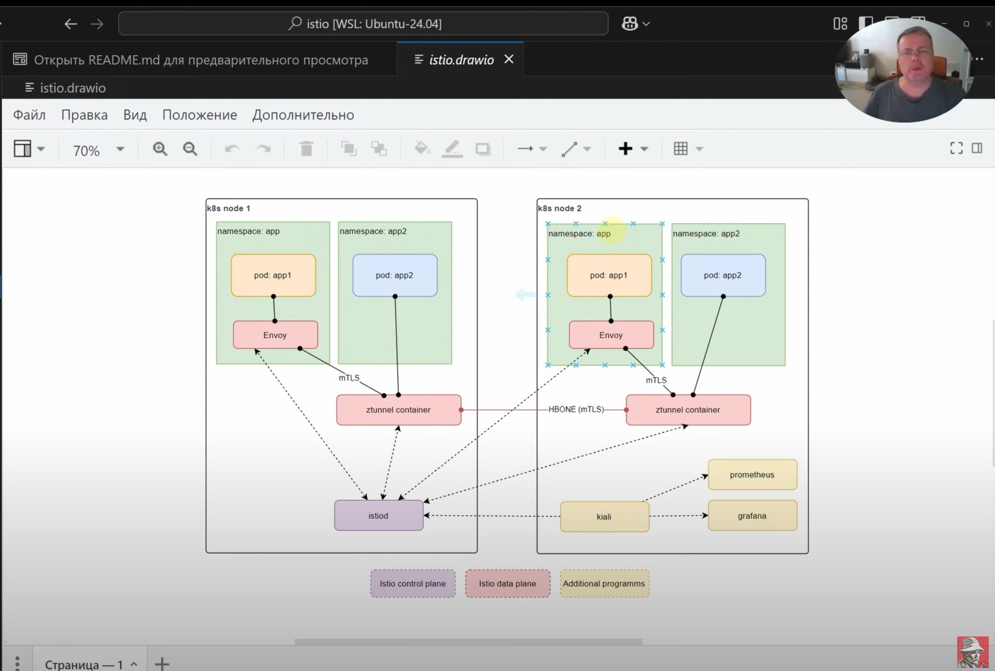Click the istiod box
(x=378, y=515)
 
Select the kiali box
(x=604, y=516)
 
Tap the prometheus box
(x=752, y=474)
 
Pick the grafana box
(x=752, y=515)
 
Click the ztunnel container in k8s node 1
(x=399, y=410)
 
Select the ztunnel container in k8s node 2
(x=688, y=410)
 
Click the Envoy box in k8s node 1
(x=275, y=335)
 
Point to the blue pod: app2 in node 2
(x=723, y=275)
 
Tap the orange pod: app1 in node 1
(x=273, y=275)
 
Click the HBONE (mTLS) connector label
(x=576, y=410)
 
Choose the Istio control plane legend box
(x=413, y=584)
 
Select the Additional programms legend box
(x=604, y=584)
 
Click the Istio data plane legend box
(x=507, y=584)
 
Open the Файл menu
(x=30, y=115)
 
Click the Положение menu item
(x=199, y=115)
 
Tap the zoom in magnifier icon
(x=160, y=149)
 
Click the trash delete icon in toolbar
(x=307, y=149)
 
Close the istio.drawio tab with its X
(x=509, y=59)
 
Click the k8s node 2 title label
(x=559, y=208)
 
